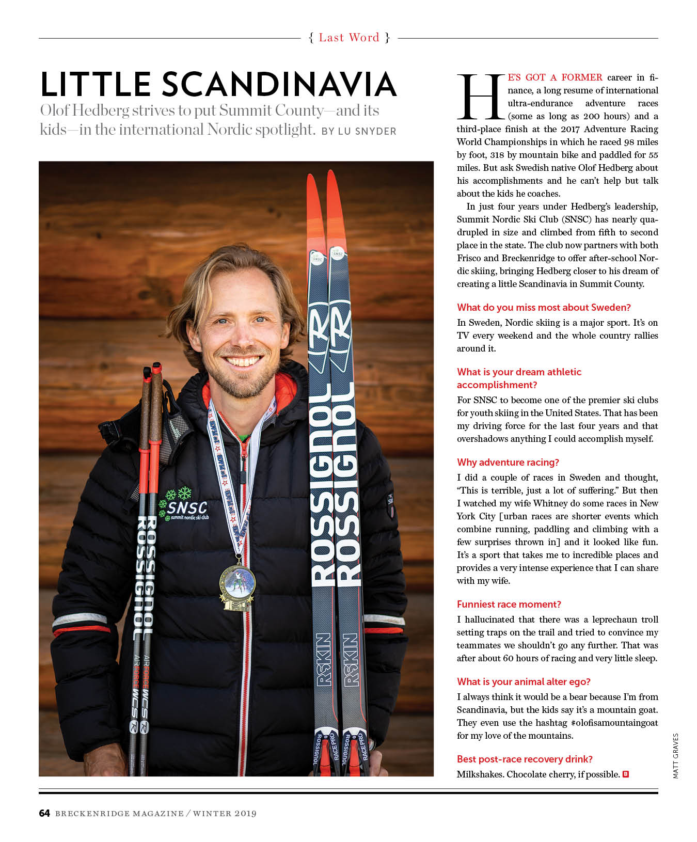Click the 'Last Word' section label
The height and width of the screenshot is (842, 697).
pyautogui.click(x=349, y=38)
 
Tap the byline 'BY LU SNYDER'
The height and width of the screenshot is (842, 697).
pyautogui.click(x=359, y=131)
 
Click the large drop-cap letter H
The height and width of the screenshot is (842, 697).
pyautogui.click(x=480, y=97)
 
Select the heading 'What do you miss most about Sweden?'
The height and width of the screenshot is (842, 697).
pyautogui.click(x=544, y=308)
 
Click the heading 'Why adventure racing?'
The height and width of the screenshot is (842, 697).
pyautogui.click(x=508, y=463)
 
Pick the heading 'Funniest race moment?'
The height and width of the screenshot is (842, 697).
pyautogui.click(x=509, y=605)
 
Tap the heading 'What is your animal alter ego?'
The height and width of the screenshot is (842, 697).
pyautogui.click(x=524, y=682)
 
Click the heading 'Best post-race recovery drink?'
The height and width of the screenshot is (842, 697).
pyautogui.click(x=525, y=759)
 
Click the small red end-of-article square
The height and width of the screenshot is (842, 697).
pyautogui.click(x=626, y=774)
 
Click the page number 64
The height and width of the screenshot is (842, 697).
pyautogui.click(x=44, y=814)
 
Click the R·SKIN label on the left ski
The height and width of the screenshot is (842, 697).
pyautogui.click(x=323, y=659)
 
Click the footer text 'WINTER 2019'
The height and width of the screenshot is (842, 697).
pyautogui.click(x=225, y=814)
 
